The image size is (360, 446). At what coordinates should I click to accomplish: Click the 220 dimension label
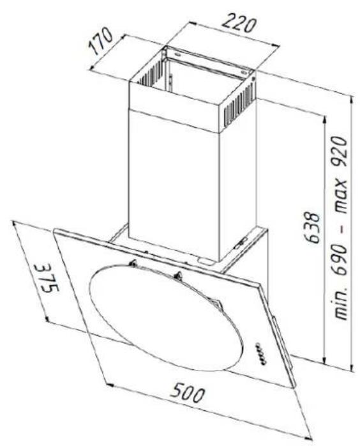[x=238, y=24]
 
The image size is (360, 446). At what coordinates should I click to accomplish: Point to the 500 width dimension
[x=187, y=392]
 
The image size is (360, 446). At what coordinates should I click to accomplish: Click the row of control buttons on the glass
[x=261, y=353]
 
